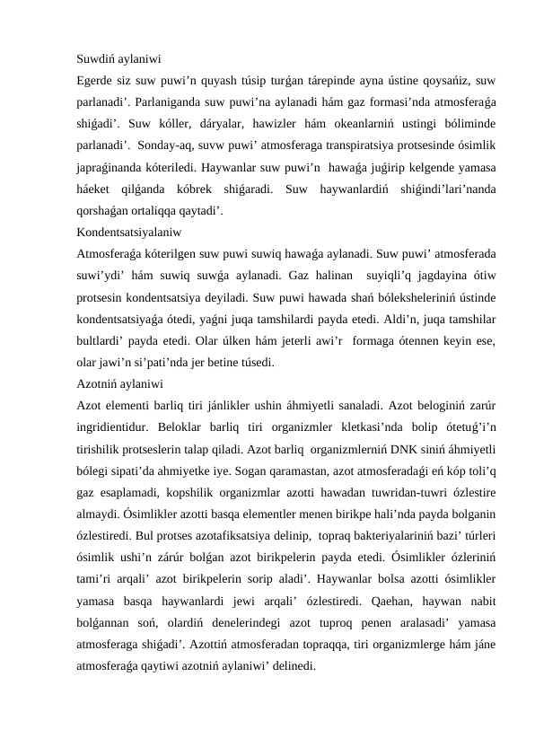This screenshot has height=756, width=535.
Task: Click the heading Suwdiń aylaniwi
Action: point(118,62)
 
